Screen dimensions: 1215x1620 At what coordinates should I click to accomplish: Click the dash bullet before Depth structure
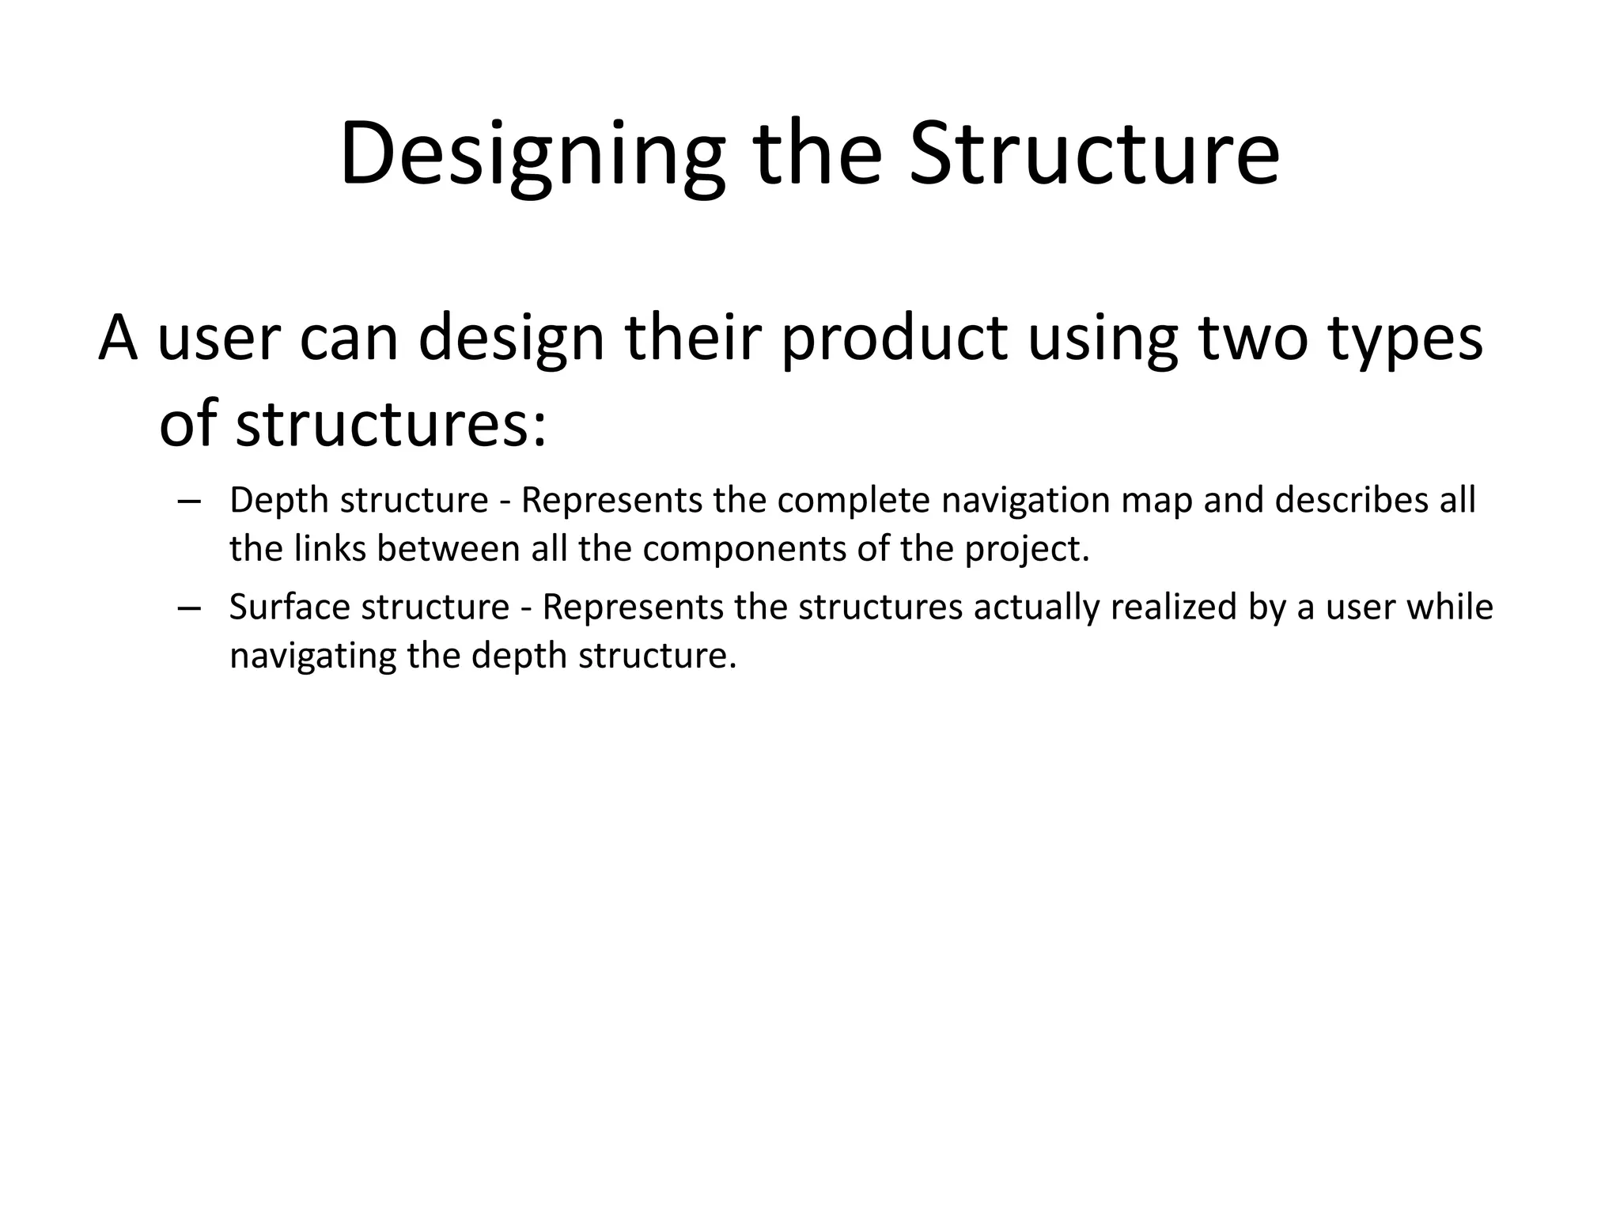tap(189, 502)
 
